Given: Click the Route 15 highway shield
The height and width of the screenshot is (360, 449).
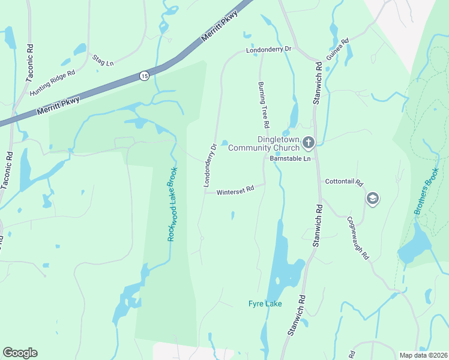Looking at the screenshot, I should tap(144, 76).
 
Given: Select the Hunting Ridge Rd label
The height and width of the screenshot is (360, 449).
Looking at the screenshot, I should tap(56, 79).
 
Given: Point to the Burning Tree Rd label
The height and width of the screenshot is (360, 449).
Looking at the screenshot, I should tap(263, 105).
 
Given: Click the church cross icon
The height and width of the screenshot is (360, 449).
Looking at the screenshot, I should tap(309, 143).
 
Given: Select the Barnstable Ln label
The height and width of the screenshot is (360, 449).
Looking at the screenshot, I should tap(289, 159).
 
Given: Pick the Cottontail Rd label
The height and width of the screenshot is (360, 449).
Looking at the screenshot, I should tap(345, 181).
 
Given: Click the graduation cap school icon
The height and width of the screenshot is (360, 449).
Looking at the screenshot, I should tap(372, 199).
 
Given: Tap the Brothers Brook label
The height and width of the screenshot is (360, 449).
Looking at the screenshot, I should tap(427, 199).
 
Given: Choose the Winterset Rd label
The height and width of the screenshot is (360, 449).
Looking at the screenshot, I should tap(235, 190).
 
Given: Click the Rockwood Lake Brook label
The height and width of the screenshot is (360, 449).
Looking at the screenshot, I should tap(173, 204).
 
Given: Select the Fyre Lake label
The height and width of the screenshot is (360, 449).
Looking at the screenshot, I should tap(265, 304).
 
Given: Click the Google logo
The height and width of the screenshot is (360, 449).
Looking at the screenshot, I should tap(20, 353).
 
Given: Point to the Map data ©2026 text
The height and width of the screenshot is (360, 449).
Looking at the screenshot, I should tap(423, 355).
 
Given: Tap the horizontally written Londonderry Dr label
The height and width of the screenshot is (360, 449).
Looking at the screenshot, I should tap(268, 50).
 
